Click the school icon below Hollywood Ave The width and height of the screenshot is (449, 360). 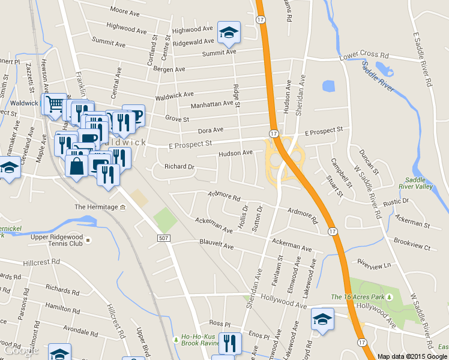(322, 319)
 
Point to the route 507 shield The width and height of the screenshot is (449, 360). (163, 239)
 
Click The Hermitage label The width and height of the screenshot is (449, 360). (96, 207)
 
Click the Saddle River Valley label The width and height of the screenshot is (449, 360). (419, 183)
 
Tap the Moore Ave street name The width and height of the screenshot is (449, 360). (125, 11)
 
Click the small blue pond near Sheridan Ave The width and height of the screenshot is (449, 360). (328, 86)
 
